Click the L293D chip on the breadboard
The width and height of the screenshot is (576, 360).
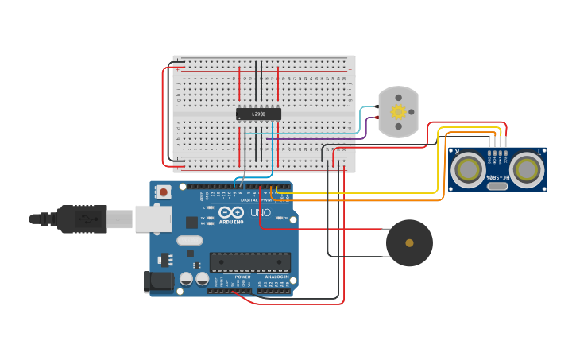click(x=258, y=114)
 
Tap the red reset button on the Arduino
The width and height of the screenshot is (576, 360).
click(x=164, y=192)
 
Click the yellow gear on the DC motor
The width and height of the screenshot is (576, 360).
click(x=398, y=112)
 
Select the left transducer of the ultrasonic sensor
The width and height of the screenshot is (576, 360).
click(x=469, y=169)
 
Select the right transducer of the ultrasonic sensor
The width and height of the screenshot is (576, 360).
click(x=527, y=169)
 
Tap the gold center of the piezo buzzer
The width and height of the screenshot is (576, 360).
click(x=409, y=243)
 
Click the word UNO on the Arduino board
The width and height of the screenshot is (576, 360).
click(x=261, y=213)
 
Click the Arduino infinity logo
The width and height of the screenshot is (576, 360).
click(x=231, y=212)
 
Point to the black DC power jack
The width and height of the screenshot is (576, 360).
click(x=156, y=281)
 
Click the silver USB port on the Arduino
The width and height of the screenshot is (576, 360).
click(x=153, y=218)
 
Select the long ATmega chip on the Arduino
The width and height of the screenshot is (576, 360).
click(x=249, y=261)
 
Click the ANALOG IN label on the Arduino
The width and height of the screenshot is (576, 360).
click(x=276, y=277)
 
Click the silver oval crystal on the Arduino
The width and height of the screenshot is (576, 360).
click(x=190, y=240)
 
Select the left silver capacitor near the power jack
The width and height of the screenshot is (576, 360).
click(x=186, y=279)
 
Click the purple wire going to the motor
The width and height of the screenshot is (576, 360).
click(x=318, y=139)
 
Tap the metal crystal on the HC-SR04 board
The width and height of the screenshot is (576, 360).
click(x=497, y=186)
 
